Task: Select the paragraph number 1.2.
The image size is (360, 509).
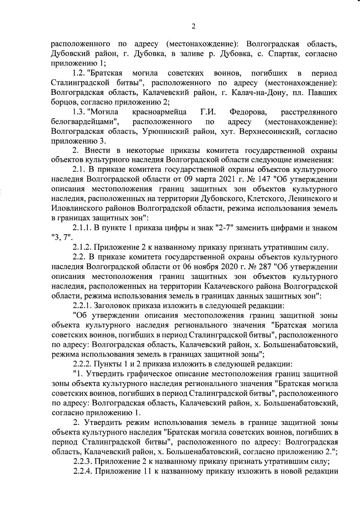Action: click(x=79, y=73)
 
